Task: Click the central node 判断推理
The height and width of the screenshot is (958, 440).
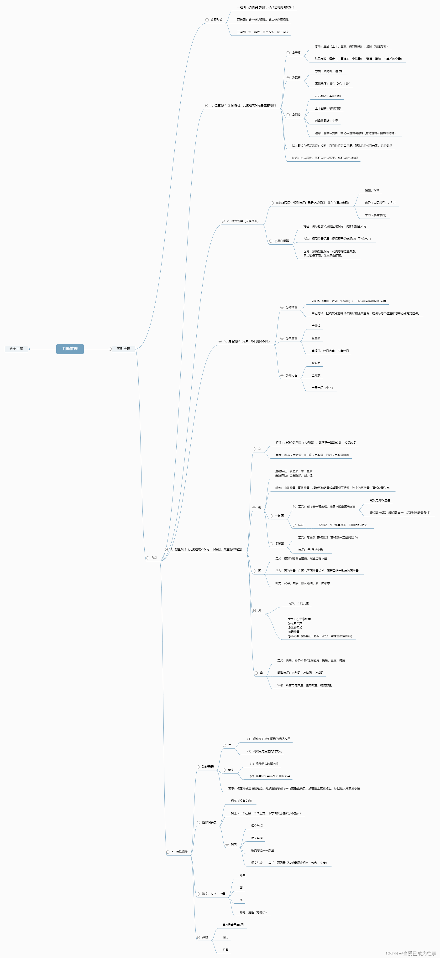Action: (x=70, y=349)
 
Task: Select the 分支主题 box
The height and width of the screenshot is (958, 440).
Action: (x=16, y=349)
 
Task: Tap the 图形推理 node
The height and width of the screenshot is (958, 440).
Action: (x=124, y=349)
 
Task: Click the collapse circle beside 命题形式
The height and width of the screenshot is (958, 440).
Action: (x=207, y=20)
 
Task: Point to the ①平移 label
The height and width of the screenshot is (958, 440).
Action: (x=296, y=53)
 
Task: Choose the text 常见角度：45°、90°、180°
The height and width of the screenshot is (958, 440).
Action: (x=332, y=84)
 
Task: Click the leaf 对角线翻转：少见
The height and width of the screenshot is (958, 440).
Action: (x=326, y=121)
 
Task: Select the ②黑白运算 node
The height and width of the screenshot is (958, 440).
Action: (x=282, y=241)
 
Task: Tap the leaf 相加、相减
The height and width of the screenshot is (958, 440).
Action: (x=372, y=190)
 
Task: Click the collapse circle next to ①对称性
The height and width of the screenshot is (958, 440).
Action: (x=282, y=307)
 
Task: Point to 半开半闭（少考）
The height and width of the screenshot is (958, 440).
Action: (x=322, y=388)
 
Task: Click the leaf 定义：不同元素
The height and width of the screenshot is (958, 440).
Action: (x=299, y=603)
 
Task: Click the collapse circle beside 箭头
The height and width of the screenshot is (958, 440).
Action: (x=225, y=770)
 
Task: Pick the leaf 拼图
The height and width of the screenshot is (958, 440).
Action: (x=225, y=949)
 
